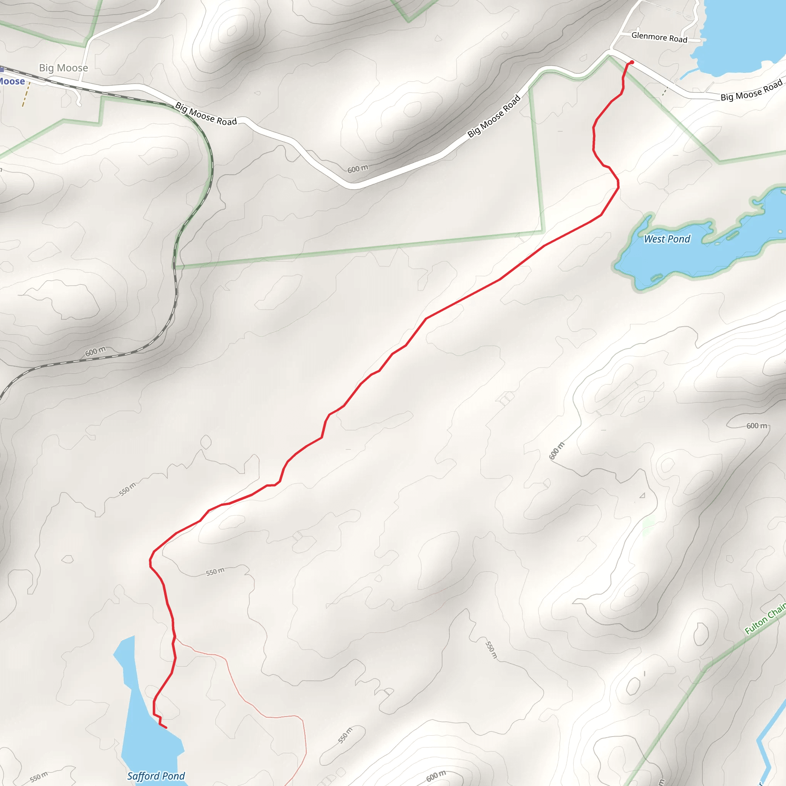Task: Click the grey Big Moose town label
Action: point(63,68)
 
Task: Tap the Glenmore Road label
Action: point(659,38)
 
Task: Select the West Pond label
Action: point(667,239)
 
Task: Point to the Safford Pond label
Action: point(156,776)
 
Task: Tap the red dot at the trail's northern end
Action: point(632,62)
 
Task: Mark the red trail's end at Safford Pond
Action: point(166,728)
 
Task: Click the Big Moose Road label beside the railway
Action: point(206,114)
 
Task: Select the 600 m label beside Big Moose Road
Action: point(358,169)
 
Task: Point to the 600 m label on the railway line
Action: point(95,351)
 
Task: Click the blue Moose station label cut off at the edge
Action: point(12,81)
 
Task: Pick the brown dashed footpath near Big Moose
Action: point(26,94)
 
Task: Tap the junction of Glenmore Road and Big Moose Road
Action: point(610,51)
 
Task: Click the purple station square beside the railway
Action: point(2,69)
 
